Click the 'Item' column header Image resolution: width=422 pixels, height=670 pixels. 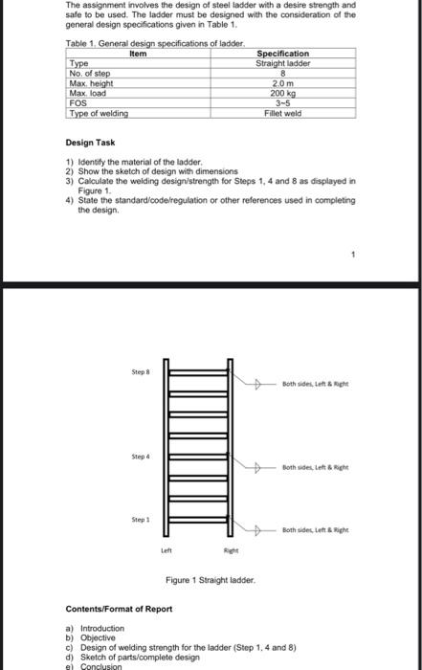pos(138,54)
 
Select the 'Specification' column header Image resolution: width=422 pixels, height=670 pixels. pos(283,54)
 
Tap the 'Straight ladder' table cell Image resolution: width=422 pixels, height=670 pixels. pos(283,63)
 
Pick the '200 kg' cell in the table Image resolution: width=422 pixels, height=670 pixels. pos(283,93)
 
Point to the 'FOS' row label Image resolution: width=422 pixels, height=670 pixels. pos(79,103)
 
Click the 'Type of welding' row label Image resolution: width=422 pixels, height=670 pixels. pos(99,113)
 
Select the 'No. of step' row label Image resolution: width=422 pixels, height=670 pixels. pos(90,74)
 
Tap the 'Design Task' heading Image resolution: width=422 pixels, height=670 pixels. pos(91,143)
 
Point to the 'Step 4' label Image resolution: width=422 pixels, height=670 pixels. pos(140,457)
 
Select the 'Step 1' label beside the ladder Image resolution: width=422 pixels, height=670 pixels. pos(140,520)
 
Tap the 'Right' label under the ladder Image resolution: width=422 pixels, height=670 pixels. pos(231,551)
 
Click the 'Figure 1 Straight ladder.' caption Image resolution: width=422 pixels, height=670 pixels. pos(210,580)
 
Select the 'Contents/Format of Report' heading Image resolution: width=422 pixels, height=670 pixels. pos(119,609)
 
